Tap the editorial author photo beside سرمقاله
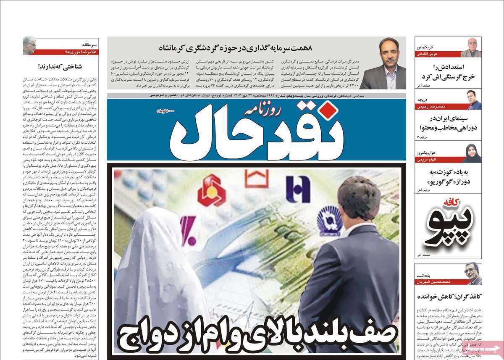(x=29, y=46)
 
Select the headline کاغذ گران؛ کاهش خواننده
(x=447, y=296)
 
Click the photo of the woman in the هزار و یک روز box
(x=471, y=153)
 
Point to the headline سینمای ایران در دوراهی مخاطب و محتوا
(x=448, y=122)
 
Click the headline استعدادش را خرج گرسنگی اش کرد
(x=448, y=72)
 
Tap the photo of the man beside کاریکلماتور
(x=471, y=47)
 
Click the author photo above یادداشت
(x=473, y=273)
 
